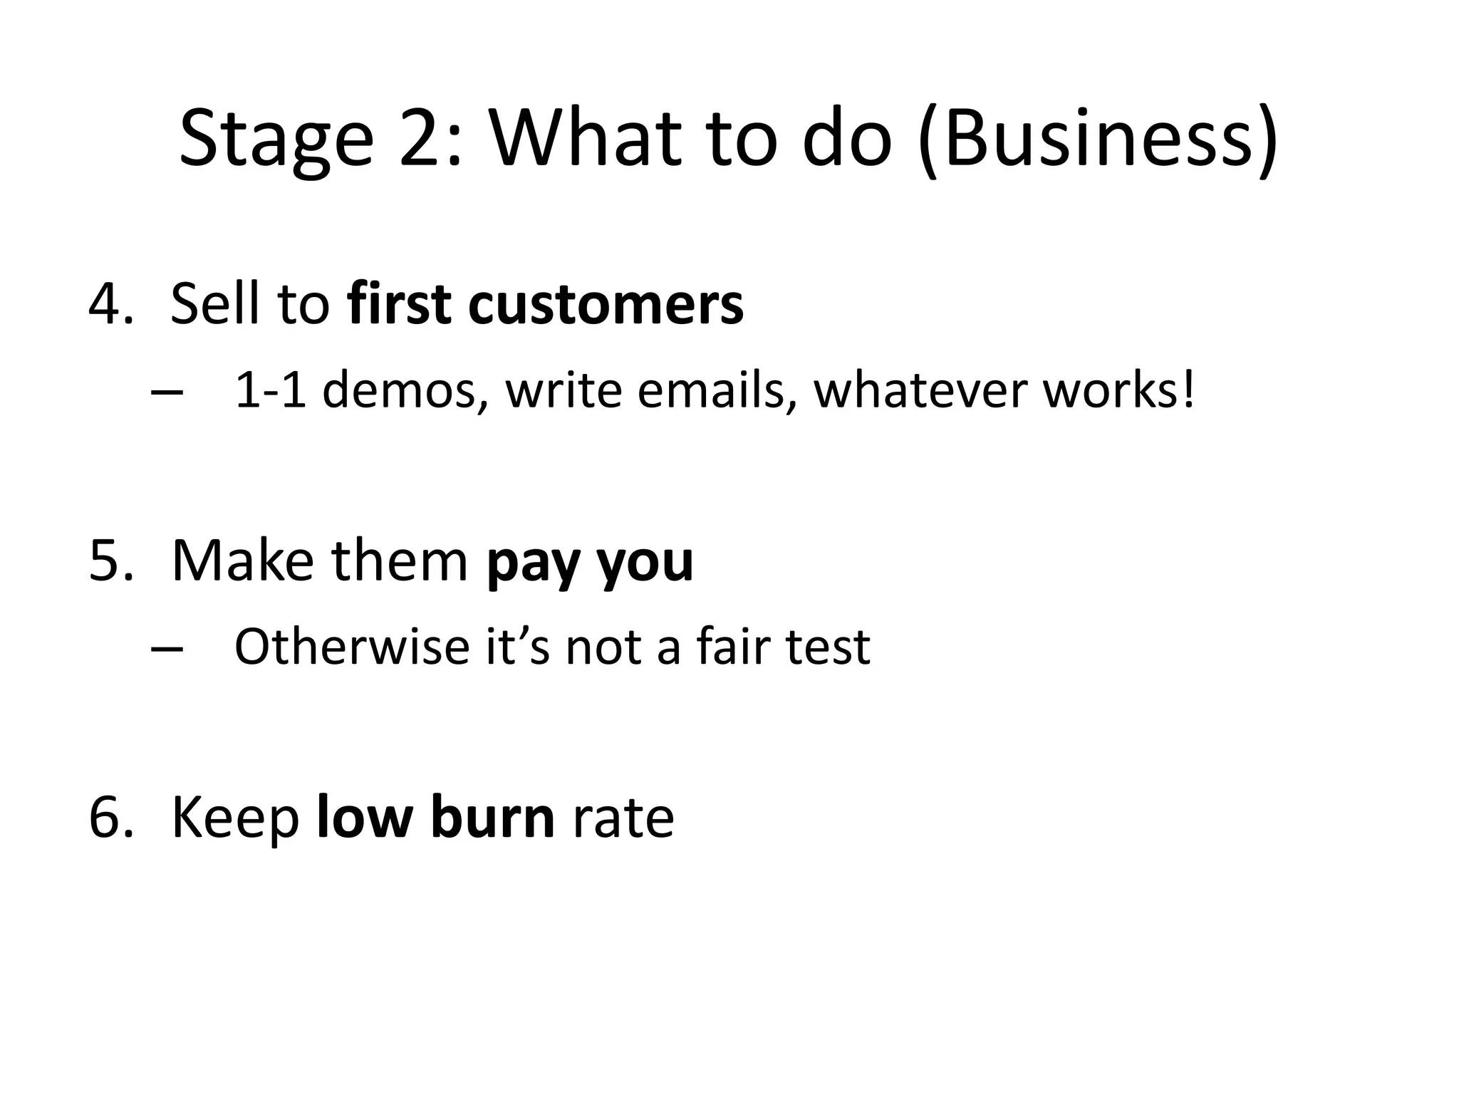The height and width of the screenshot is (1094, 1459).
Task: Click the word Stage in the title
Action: pos(276,140)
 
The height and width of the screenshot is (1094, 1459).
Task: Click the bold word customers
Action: pos(606,304)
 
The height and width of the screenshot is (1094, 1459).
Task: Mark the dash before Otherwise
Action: pos(167,649)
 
